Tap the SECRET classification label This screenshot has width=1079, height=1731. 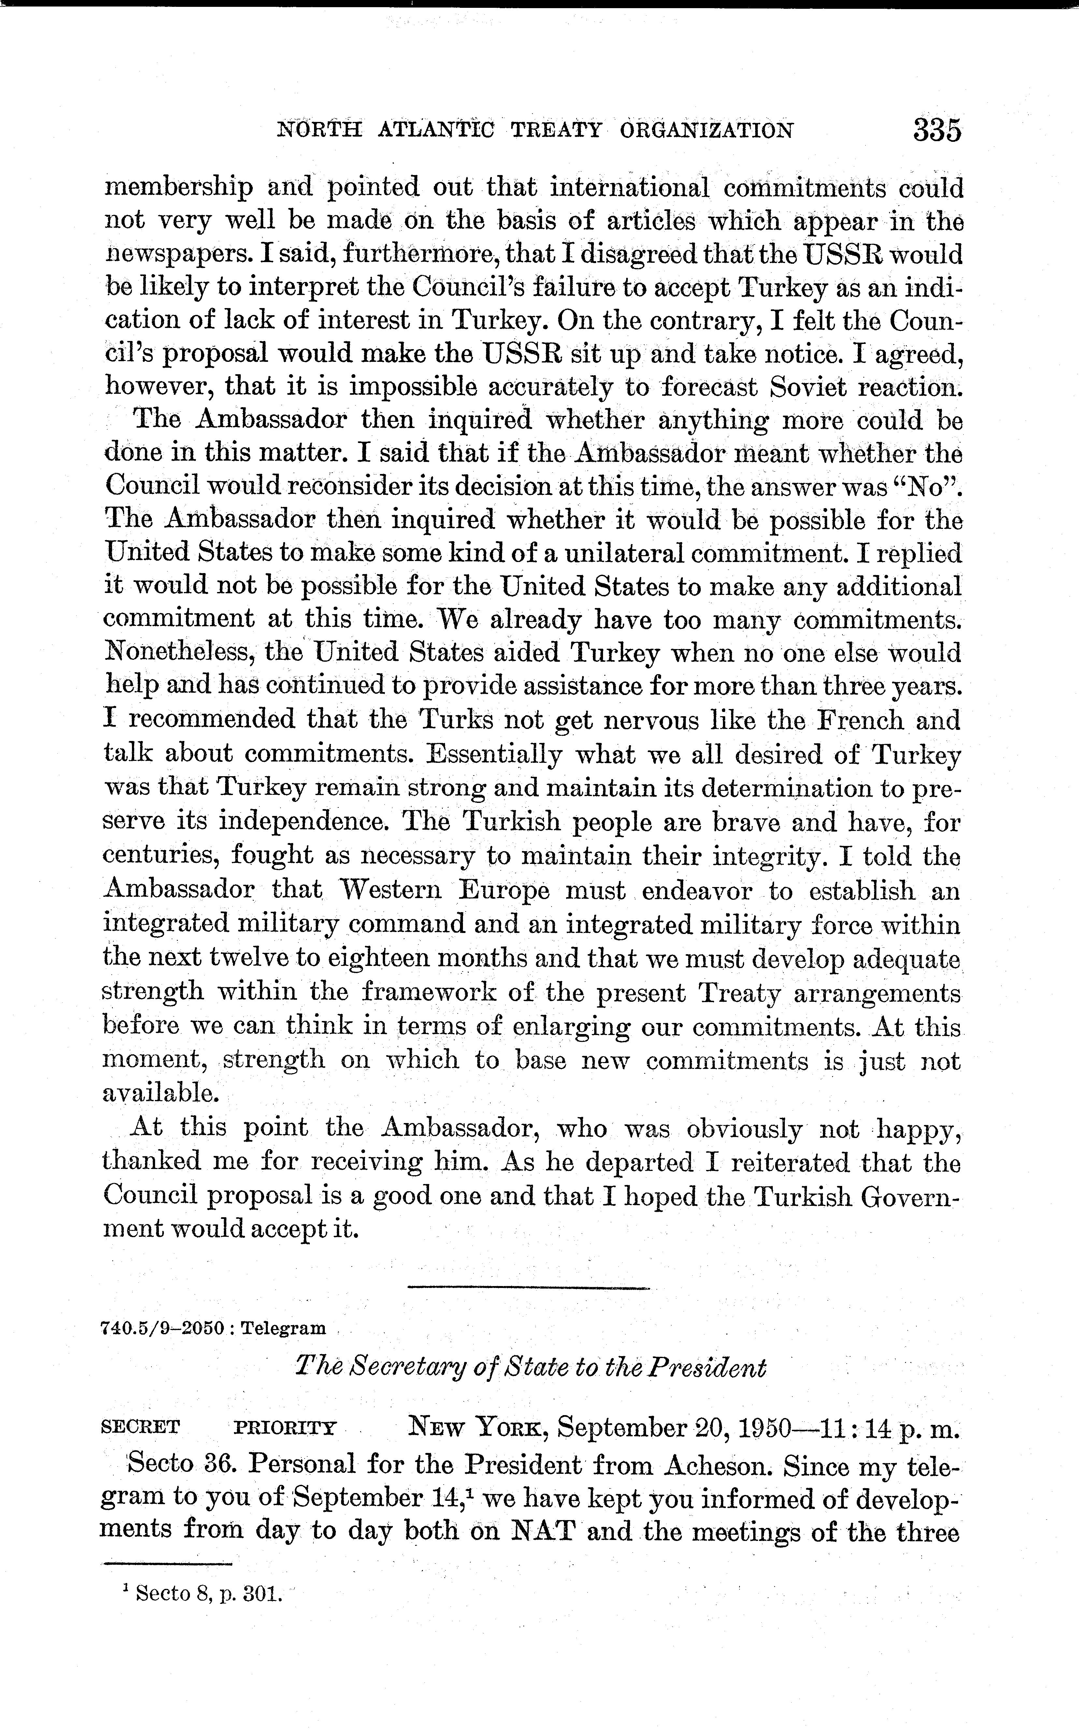141,1428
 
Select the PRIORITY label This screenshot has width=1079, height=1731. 285,1428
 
